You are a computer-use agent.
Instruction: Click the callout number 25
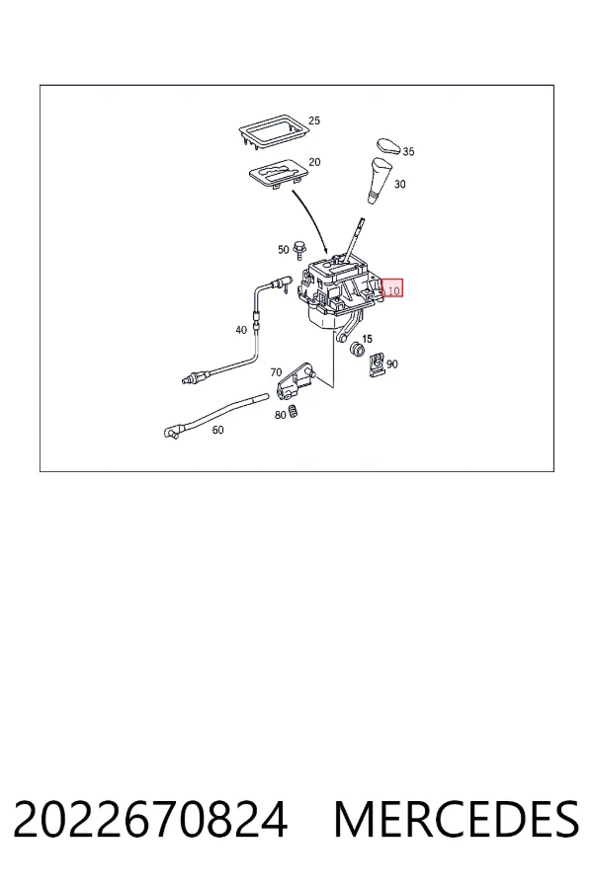click(314, 121)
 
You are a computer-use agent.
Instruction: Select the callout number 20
click(314, 162)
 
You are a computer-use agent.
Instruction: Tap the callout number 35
click(408, 151)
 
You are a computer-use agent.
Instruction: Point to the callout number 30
click(400, 184)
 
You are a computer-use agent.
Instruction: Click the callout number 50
click(284, 250)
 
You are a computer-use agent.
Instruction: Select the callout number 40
click(241, 329)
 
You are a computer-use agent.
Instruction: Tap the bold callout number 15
click(367, 339)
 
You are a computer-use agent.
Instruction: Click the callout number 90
click(392, 364)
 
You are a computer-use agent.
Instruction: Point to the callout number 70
click(276, 372)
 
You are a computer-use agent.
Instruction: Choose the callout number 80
click(281, 415)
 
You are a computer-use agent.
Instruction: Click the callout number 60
click(217, 430)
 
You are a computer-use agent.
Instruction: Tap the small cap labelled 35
click(389, 145)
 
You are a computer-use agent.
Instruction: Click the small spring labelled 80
click(294, 411)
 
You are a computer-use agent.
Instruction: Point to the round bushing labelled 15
click(357, 350)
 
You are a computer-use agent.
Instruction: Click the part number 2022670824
click(150, 819)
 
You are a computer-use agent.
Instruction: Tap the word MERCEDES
click(457, 819)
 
